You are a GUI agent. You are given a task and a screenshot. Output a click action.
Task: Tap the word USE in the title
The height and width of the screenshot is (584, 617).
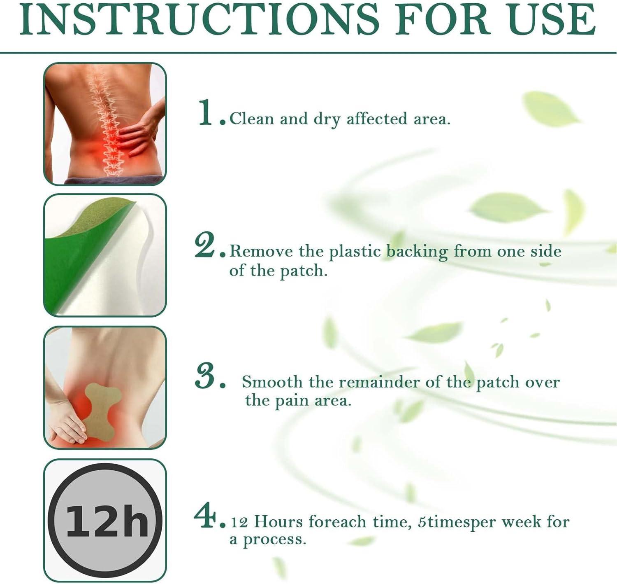(x=552, y=20)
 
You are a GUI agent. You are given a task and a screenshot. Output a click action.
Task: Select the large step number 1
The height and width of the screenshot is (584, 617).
(x=206, y=112)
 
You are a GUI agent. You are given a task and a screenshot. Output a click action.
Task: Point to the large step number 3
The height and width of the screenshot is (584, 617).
(x=206, y=376)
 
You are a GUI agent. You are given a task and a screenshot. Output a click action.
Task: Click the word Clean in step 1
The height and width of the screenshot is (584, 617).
(x=252, y=119)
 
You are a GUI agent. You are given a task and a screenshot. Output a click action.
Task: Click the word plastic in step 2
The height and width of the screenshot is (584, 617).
(x=355, y=251)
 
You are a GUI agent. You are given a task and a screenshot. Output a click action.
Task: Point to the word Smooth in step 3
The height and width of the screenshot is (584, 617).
(x=272, y=382)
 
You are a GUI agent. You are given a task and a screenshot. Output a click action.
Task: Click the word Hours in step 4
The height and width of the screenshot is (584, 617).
(x=278, y=522)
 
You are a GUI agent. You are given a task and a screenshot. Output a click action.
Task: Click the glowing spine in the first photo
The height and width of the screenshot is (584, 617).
(x=102, y=124)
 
